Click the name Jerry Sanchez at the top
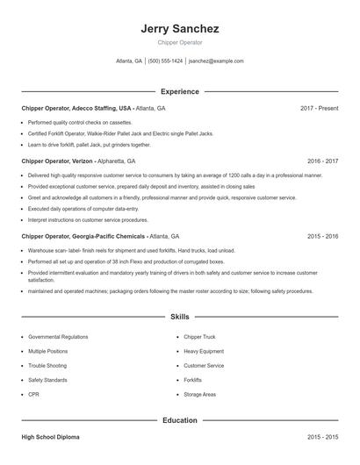coord(179,29)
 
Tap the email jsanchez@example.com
coord(216,61)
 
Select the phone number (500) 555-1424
coord(165,61)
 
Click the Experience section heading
coord(179,91)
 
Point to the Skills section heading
coord(179,316)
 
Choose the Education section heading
coord(179,420)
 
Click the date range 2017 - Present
coord(319,108)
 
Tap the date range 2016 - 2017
coord(322,161)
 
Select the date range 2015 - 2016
coord(322,236)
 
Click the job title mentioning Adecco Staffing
coord(78,108)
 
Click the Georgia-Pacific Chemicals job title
coord(83,236)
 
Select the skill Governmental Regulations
coord(58,337)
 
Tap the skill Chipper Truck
coord(199,337)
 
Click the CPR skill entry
coord(33,395)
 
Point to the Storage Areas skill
coord(200,395)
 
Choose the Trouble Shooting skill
coord(47,366)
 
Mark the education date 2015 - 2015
coord(322,436)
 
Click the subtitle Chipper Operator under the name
coord(179,42)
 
